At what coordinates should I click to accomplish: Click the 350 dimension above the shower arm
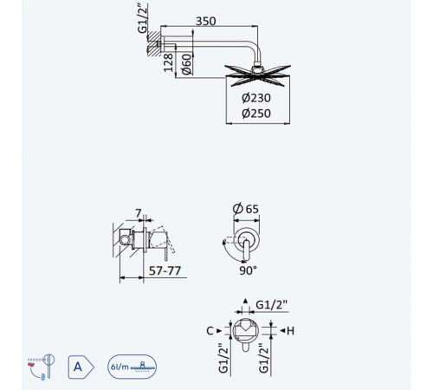click(206, 21)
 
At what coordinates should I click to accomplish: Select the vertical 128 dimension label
click(168, 62)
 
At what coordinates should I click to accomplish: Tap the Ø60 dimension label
click(187, 64)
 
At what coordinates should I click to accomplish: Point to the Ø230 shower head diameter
click(256, 98)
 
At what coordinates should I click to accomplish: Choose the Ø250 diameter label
click(256, 113)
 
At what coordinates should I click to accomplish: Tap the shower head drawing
click(257, 75)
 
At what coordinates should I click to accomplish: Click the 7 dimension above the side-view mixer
click(139, 213)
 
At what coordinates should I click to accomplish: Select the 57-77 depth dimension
click(165, 270)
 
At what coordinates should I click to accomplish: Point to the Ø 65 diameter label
click(246, 209)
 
